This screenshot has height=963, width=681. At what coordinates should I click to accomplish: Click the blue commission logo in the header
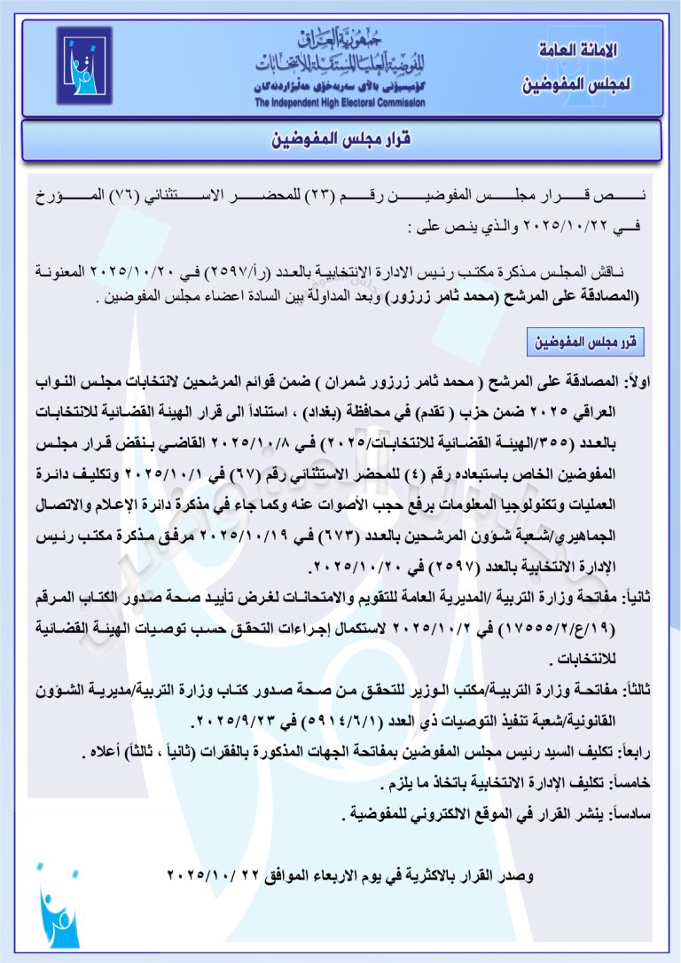point(85,66)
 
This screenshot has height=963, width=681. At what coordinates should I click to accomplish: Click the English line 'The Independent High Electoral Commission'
point(340,104)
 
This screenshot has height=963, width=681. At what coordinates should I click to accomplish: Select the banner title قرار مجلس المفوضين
point(340,140)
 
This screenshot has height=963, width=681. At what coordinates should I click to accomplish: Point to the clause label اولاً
point(638,381)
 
